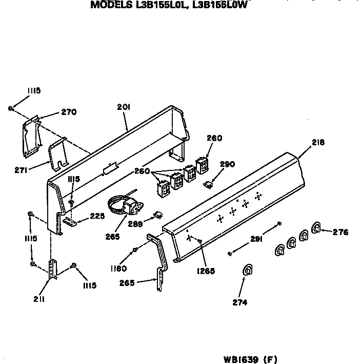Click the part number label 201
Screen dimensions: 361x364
(124, 107)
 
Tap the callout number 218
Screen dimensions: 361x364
(318, 142)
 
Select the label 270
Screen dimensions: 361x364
(69, 112)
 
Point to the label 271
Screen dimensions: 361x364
(21, 170)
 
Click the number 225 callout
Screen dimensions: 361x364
(97, 216)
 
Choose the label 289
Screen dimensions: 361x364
(135, 224)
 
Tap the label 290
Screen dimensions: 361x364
(228, 164)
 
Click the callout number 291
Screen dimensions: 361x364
(256, 239)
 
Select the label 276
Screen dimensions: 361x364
(340, 232)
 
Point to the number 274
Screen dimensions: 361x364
(240, 302)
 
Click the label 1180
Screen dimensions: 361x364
(119, 269)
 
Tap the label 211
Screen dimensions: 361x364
(39, 299)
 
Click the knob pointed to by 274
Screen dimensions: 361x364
(247, 270)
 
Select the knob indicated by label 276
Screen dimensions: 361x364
(316, 228)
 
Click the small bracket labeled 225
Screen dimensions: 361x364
(70, 221)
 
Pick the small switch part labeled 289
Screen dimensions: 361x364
(158, 215)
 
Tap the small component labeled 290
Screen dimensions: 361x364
(208, 185)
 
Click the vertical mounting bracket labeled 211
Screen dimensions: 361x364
(53, 270)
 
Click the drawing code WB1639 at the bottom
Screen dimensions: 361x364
(240, 359)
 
